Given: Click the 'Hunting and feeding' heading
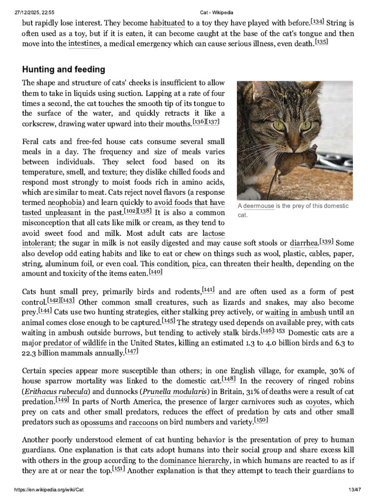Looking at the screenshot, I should tap(63, 69).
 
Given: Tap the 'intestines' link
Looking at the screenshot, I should tap(84, 44).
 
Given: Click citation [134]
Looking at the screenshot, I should tap(317, 21).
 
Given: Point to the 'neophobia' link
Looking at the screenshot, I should tap(66, 202).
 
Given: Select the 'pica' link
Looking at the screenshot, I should tap(199, 264).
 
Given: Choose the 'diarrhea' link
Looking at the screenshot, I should tap(304, 243).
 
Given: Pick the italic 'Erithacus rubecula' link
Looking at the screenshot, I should tap(55, 392).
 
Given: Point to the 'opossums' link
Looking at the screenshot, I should tap(97, 422).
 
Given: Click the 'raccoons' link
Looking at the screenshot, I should tap(148, 422).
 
